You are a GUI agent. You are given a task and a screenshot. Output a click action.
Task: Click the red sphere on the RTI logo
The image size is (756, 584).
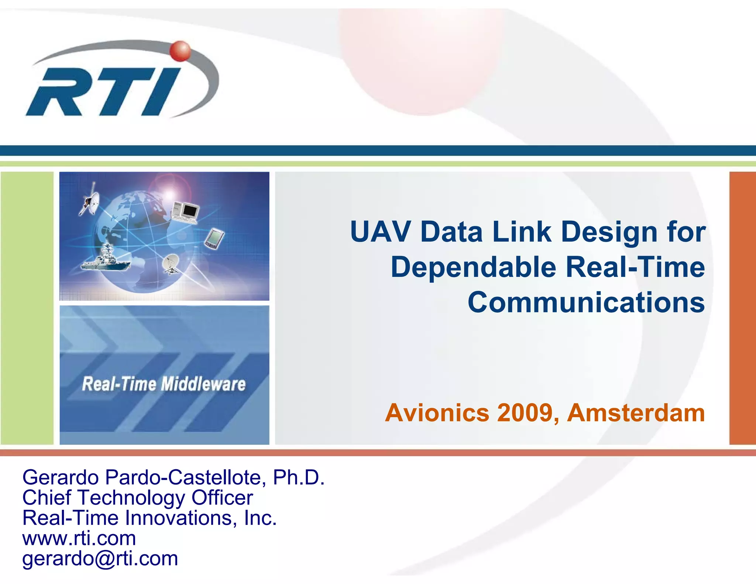(181, 51)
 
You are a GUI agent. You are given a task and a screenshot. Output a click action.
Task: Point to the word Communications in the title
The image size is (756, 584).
(586, 302)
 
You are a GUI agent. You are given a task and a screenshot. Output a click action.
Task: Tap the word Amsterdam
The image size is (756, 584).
(636, 413)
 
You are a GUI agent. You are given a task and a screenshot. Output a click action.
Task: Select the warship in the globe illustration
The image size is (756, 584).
(105, 259)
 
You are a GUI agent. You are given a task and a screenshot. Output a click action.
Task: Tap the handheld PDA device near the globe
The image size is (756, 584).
(214, 238)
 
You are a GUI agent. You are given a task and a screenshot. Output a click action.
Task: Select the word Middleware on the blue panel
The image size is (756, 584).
(203, 384)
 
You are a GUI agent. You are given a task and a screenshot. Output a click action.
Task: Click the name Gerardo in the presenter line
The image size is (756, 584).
(61, 477)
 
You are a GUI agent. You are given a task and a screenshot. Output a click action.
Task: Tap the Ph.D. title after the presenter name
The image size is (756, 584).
(298, 477)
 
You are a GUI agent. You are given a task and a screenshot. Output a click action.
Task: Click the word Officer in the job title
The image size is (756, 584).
(222, 498)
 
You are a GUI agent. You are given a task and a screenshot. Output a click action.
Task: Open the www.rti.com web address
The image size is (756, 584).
(79, 538)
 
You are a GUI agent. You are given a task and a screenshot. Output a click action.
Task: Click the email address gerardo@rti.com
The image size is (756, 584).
(100, 559)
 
